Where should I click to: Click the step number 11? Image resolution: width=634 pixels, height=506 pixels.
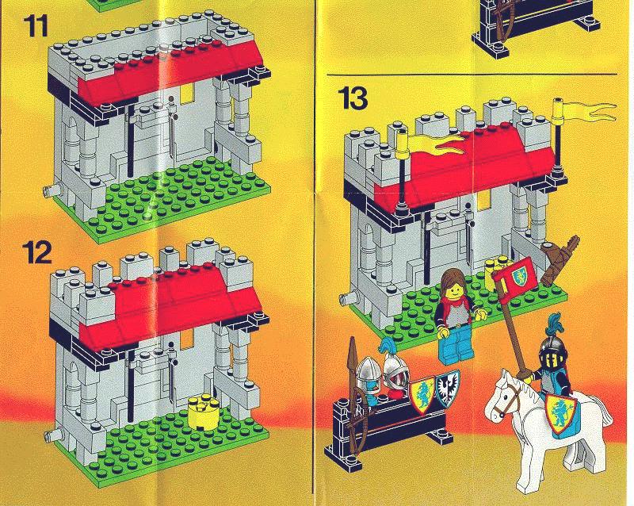pos(36,26)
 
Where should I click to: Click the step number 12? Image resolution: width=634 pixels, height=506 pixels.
pos(37,252)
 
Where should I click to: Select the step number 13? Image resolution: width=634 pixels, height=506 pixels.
pos(353,98)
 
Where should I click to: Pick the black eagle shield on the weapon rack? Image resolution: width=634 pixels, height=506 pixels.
pos(447,389)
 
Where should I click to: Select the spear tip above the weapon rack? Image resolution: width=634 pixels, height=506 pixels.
pos(352,351)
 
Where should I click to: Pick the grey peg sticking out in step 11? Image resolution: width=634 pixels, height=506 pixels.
pos(52,190)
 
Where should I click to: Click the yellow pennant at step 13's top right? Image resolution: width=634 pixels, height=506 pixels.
pos(590,111)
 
